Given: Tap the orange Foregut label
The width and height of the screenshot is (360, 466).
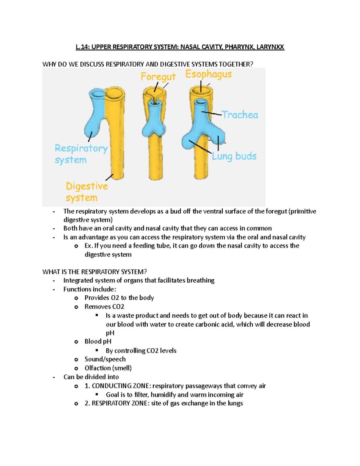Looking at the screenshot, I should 158,77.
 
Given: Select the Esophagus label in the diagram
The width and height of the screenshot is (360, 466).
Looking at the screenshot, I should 208,74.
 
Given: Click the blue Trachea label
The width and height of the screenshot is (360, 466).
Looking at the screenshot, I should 240,115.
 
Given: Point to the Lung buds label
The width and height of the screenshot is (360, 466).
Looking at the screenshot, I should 234,156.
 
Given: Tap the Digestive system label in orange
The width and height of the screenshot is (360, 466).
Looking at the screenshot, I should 86,192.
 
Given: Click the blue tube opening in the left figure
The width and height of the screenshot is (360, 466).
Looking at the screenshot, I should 97,94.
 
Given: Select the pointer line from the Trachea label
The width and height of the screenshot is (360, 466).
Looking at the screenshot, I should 212,113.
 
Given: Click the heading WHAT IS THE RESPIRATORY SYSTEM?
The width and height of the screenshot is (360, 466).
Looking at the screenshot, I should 94,272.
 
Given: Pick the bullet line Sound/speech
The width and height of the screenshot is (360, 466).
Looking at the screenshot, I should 105,359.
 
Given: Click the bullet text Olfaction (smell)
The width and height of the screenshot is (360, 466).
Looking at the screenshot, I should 108,368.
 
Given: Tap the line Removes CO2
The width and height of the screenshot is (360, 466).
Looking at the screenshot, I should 104,307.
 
